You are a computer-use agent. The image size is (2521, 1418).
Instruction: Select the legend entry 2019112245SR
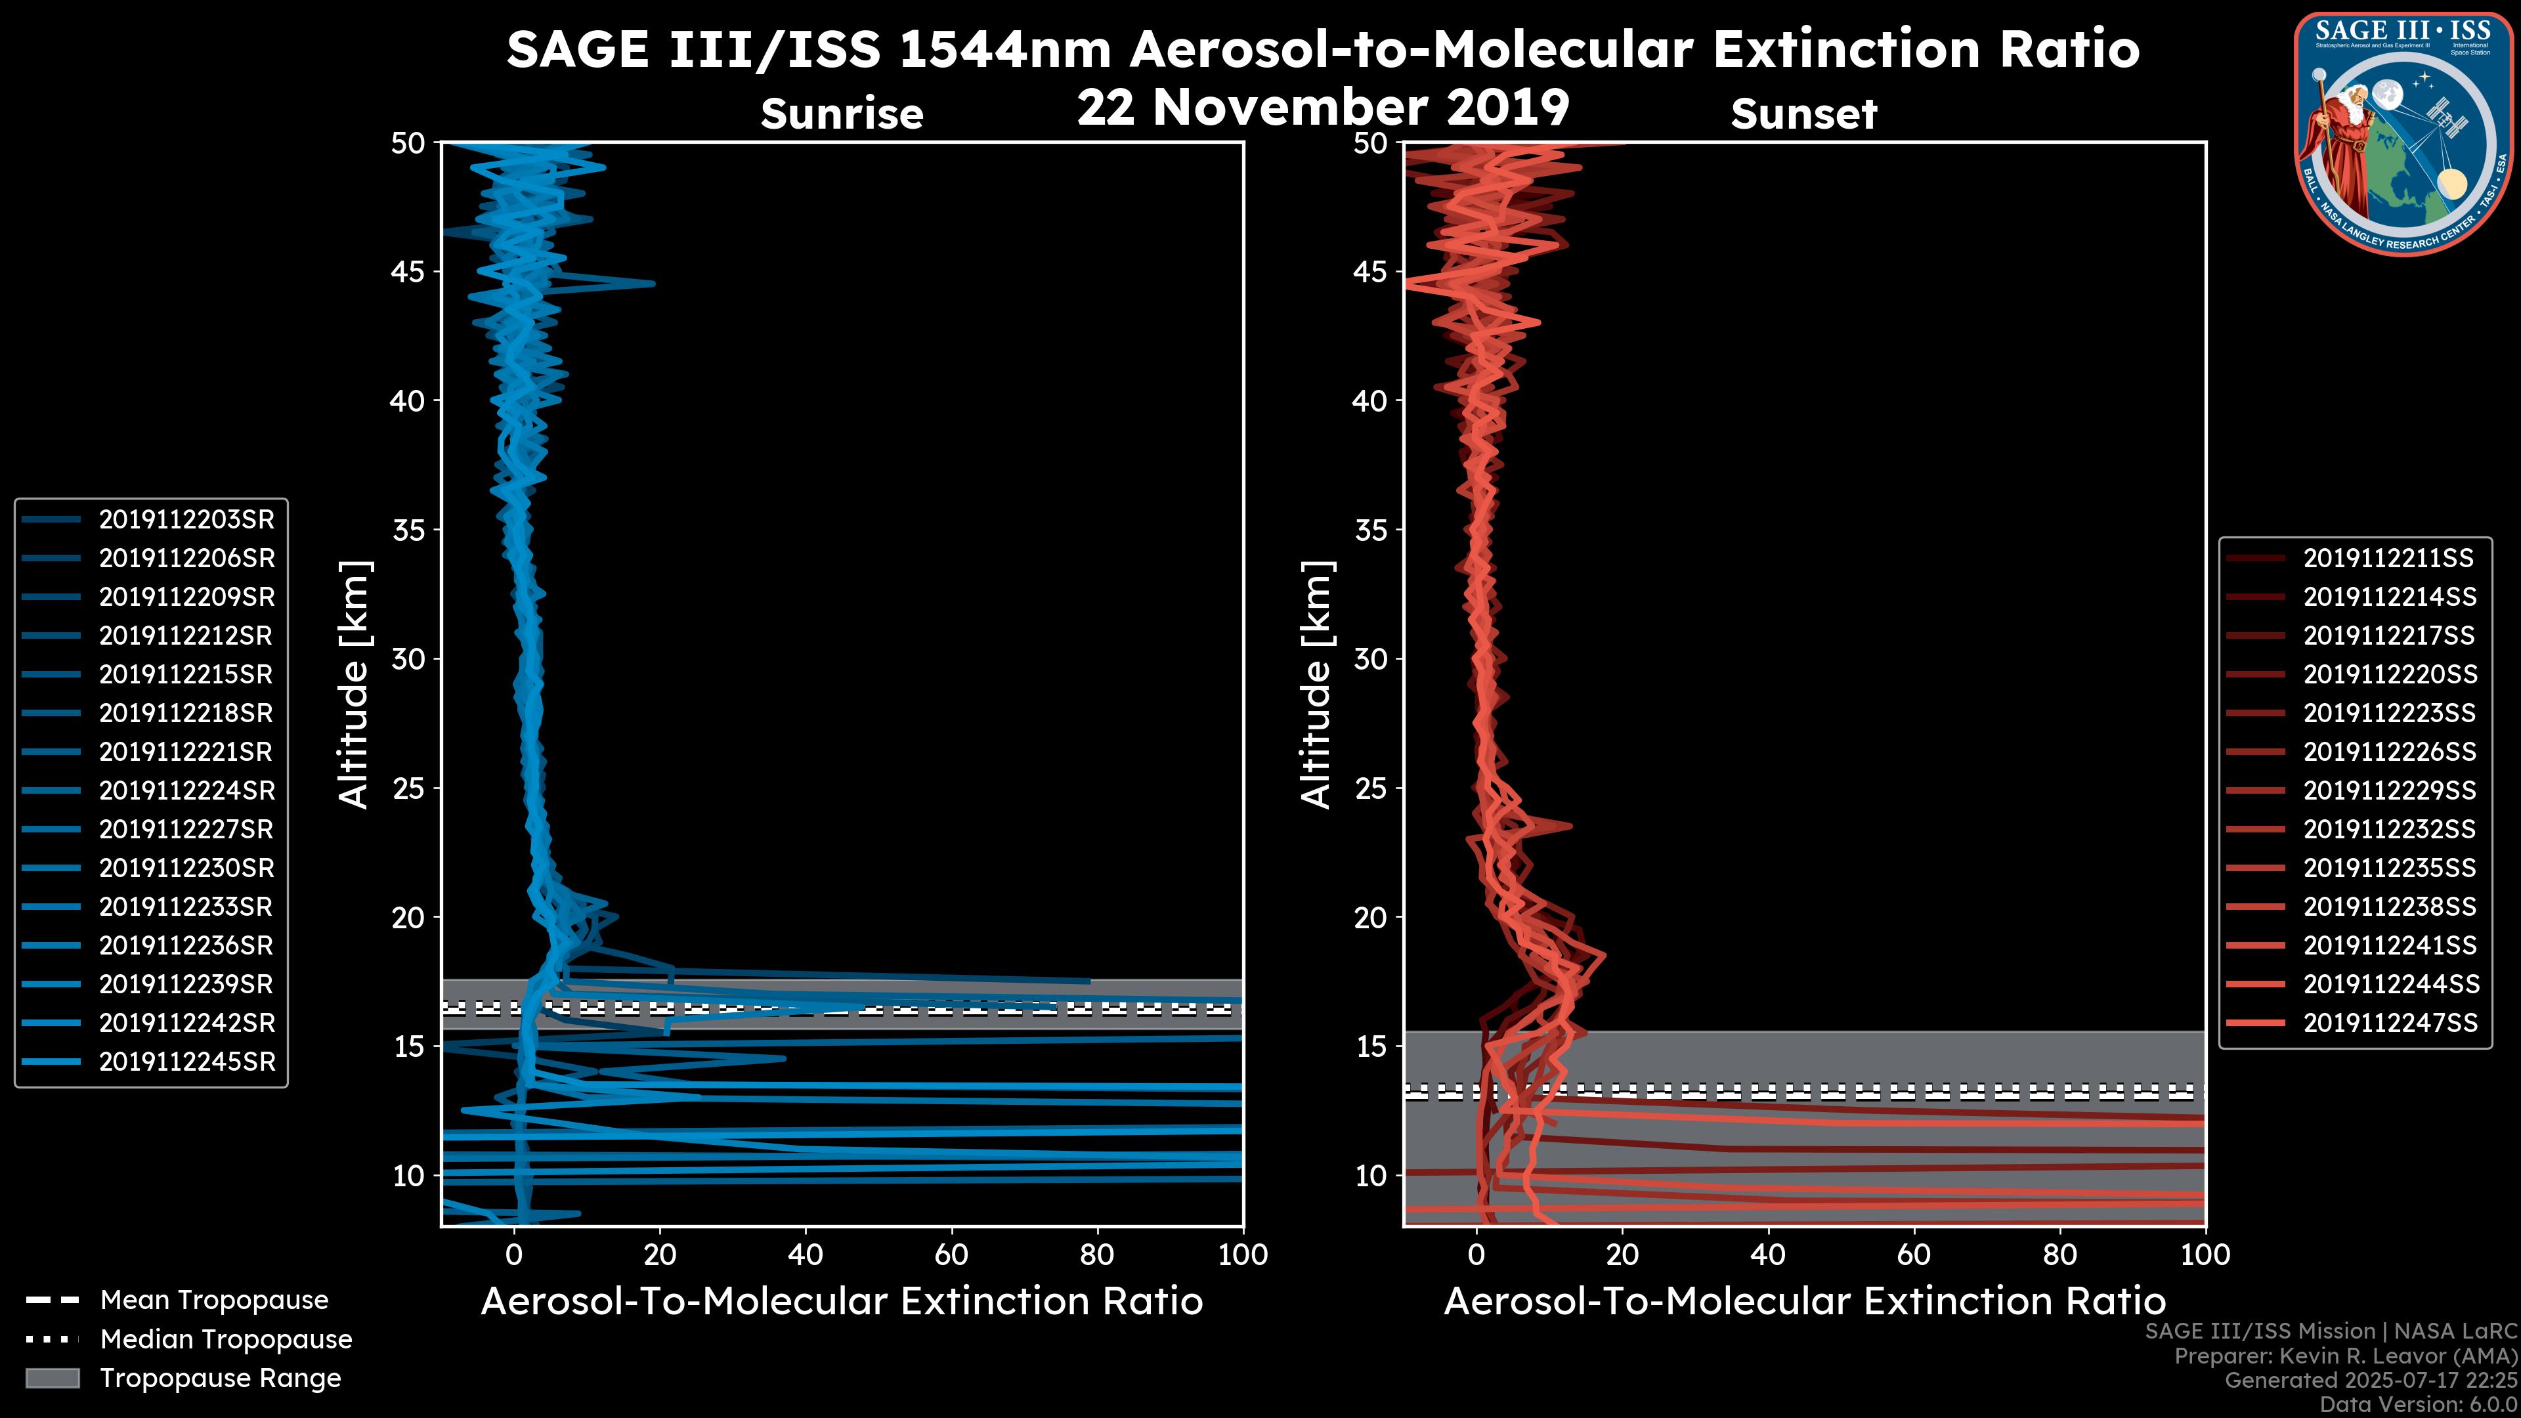[x=186, y=1062]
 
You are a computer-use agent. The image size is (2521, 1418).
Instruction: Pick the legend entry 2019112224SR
[x=186, y=790]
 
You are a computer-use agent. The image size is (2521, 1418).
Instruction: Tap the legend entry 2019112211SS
[x=2388, y=558]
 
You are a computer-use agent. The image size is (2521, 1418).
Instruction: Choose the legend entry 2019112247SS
[x=2388, y=1023]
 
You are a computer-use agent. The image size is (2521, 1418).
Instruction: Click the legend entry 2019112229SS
[x=2388, y=790]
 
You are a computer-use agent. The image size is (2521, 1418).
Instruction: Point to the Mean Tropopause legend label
[x=214, y=1300]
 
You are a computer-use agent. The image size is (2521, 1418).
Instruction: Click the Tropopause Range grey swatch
[x=53, y=1378]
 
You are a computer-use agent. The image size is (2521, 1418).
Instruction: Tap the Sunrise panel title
[x=842, y=114]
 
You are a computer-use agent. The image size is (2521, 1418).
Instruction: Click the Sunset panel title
[x=1803, y=114]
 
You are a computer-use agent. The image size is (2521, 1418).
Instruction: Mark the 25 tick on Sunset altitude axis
[x=1371, y=788]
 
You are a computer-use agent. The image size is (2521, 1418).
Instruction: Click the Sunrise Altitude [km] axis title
[x=355, y=685]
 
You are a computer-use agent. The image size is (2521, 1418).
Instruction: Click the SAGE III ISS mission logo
[x=2401, y=134]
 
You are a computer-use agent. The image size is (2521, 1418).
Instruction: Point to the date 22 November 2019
[x=1323, y=108]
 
